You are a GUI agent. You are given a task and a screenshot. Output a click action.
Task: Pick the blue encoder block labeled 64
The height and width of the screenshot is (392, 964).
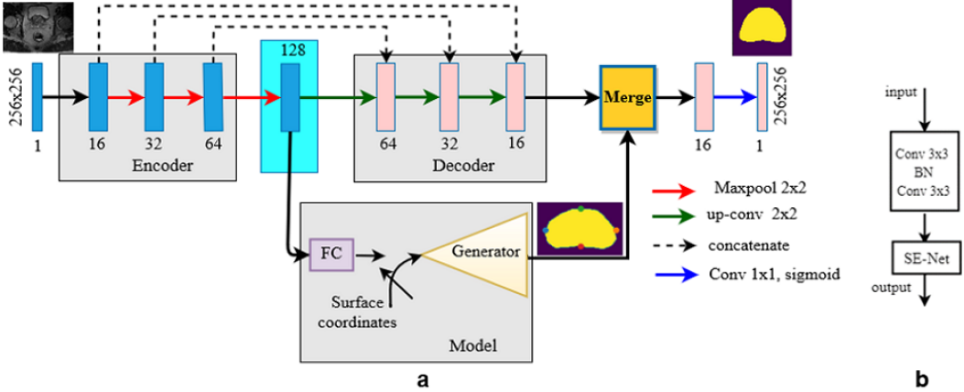[213, 96]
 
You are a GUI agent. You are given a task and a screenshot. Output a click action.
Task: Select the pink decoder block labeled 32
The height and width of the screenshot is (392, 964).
[449, 96]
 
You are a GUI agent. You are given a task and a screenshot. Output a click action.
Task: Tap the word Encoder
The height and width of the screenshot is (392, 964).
[156, 167]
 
